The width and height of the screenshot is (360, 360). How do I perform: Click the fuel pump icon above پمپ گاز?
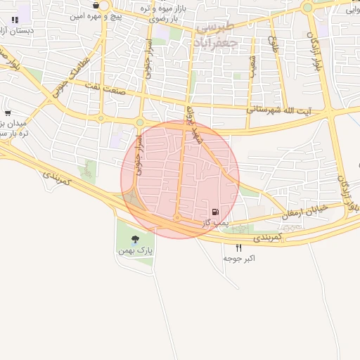[214, 212]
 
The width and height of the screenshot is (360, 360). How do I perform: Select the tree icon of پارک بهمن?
[135, 240]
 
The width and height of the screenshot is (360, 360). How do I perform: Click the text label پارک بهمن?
[135, 251]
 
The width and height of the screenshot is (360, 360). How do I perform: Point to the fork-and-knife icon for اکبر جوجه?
[239, 247]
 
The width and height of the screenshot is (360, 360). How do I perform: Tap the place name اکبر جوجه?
[239, 258]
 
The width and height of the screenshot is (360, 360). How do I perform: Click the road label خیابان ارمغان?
[307, 209]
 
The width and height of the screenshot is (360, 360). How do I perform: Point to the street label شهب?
[252, 66]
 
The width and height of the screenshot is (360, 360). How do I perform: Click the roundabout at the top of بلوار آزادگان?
[307, 8]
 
